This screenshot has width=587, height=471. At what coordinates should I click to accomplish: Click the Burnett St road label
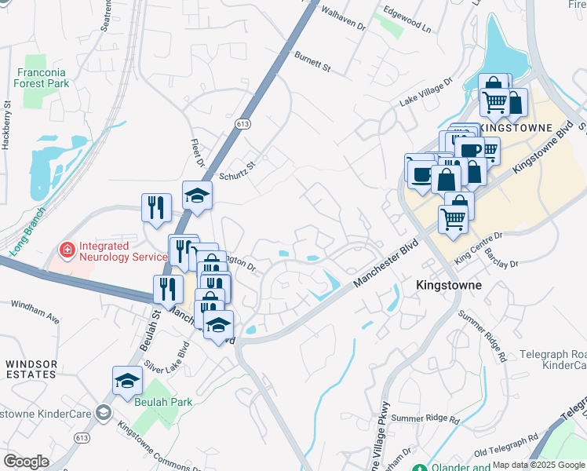pos(312,63)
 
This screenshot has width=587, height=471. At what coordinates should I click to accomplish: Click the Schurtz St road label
pos(238,170)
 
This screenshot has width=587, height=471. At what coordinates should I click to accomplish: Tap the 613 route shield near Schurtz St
pos(242,124)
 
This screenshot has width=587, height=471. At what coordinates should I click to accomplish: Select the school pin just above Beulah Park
pos(127,382)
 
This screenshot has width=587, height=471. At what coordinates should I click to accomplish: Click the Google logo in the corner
pos(26,462)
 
